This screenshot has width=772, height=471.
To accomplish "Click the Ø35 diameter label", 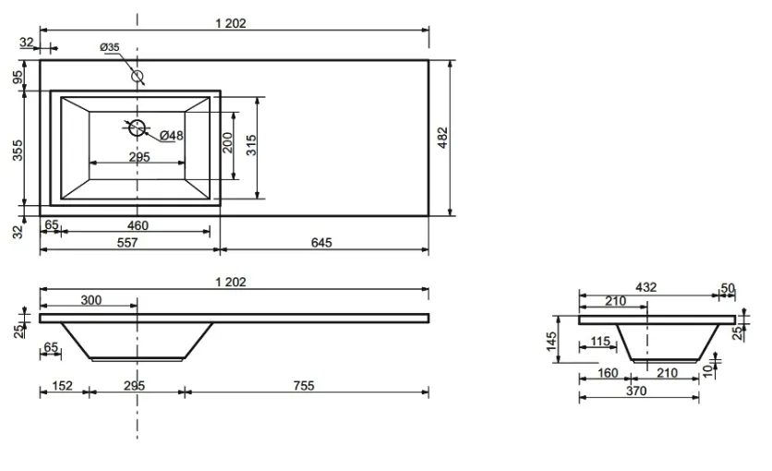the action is [109, 47].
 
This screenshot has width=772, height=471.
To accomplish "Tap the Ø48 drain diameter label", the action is [172, 135].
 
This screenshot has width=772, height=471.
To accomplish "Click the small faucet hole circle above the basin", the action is [137, 77].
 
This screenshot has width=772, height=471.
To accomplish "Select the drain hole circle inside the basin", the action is [137, 127].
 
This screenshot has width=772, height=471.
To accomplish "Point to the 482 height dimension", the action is [442, 138].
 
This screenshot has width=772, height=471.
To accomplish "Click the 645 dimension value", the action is [321, 243].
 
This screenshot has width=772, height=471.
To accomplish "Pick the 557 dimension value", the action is [127, 243].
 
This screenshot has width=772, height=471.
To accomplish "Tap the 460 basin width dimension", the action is [138, 225].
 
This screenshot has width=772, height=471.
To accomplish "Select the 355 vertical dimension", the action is [18, 151].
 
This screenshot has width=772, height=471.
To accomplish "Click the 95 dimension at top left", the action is [18, 78].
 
